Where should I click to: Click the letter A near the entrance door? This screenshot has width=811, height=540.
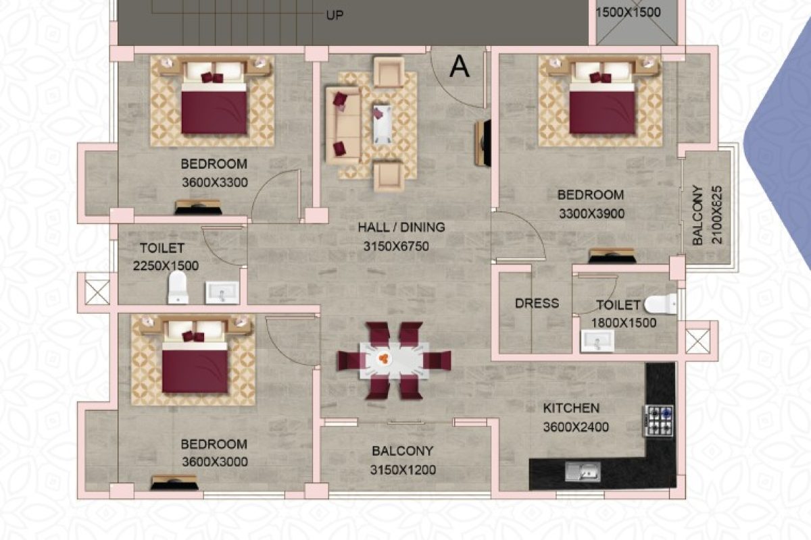click(460, 66)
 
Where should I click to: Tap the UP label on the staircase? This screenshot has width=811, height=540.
click(335, 15)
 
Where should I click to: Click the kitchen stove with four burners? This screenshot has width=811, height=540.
click(658, 421)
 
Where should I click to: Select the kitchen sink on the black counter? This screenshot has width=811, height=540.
click(582, 471)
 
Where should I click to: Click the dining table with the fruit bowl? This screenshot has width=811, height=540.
click(394, 360)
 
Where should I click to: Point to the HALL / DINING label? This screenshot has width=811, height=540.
click(401, 227)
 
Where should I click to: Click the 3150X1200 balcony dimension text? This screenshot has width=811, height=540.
click(403, 470)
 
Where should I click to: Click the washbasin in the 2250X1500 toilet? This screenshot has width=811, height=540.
click(221, 292)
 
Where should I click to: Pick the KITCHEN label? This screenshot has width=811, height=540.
click(571, 408)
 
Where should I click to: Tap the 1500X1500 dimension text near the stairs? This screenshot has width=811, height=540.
click(628, 13)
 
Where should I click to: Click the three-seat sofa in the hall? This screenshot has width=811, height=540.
click(342, 124)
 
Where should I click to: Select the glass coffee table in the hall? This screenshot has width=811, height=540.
click(382, 124)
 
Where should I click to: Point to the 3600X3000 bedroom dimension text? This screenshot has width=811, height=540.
click(214, 462)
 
